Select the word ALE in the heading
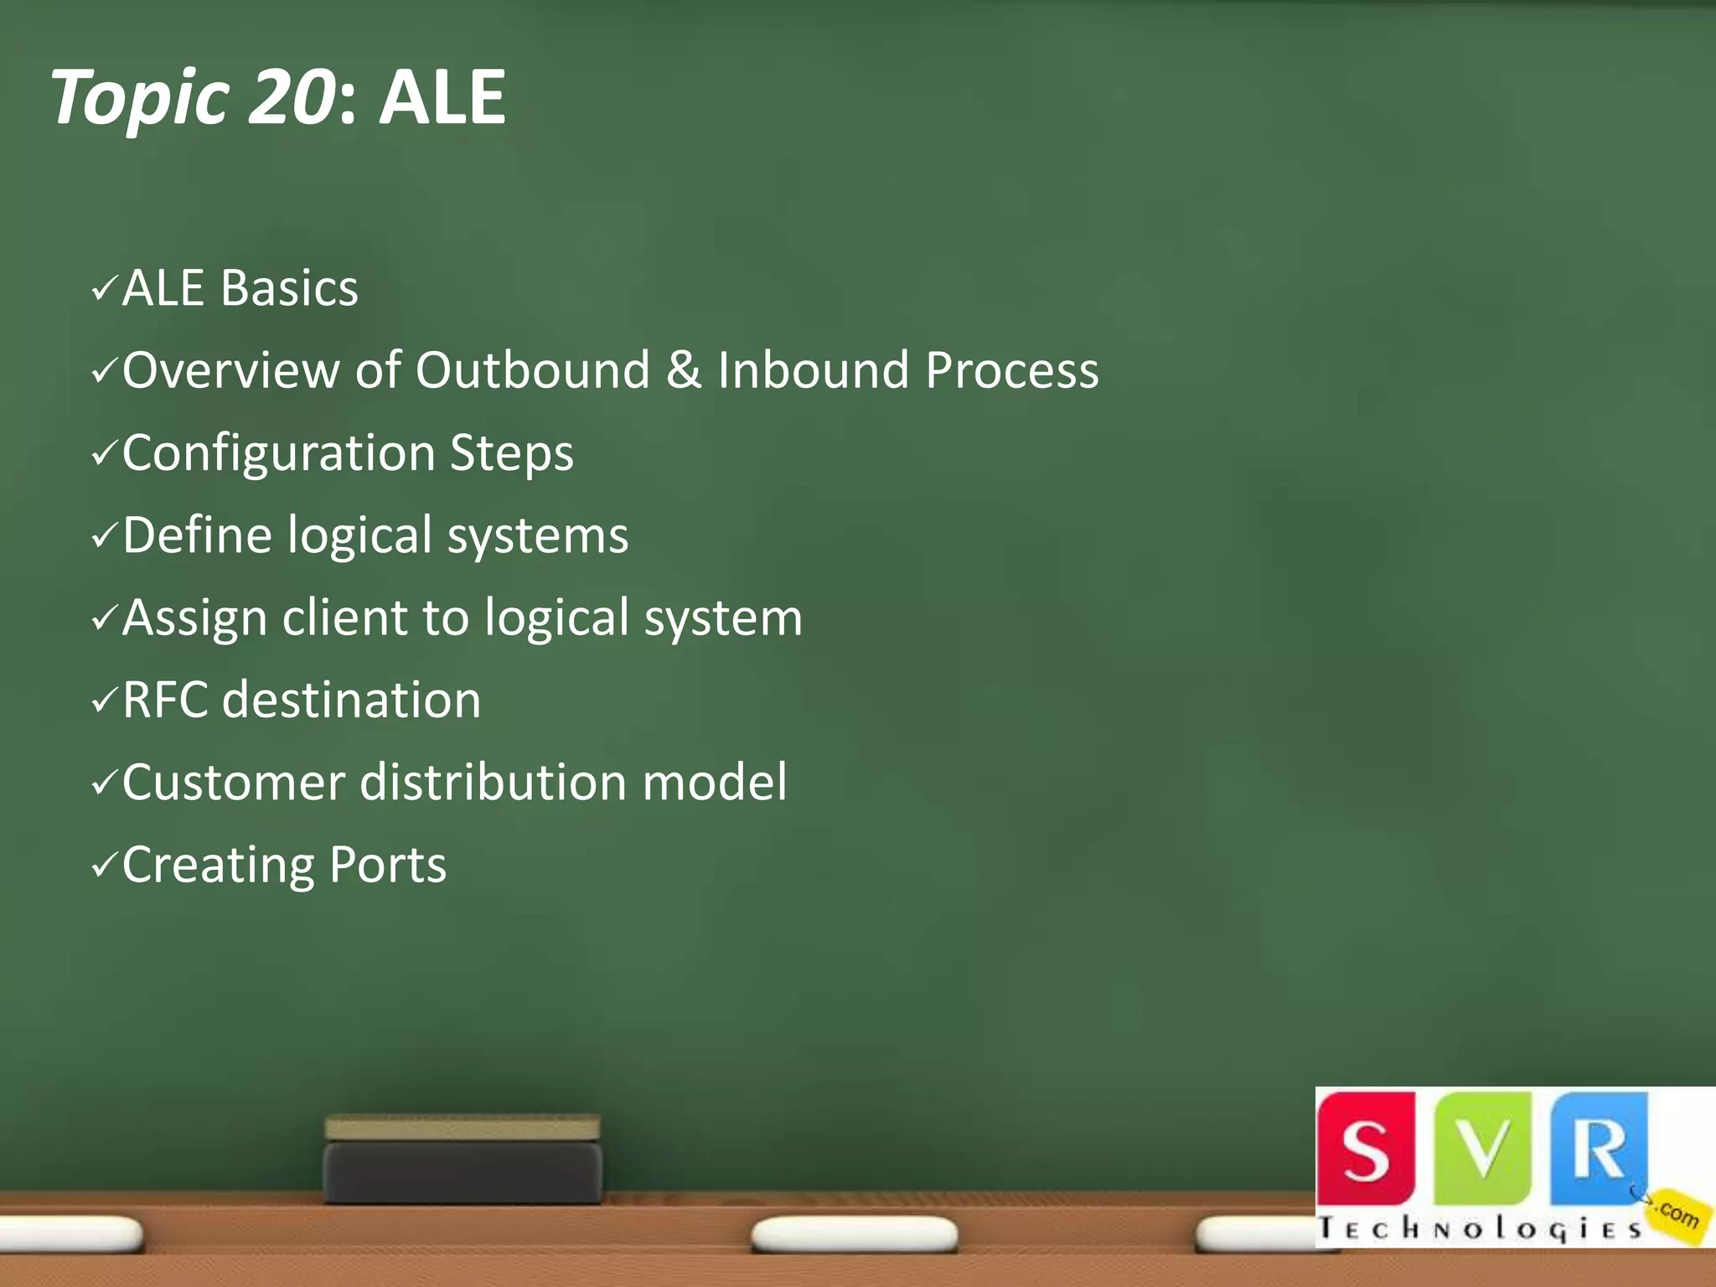(442, 97)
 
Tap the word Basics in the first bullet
(290, 288)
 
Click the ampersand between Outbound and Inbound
(684, 370)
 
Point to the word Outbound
(533, 370)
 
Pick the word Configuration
(279, 453)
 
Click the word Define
(197, 535)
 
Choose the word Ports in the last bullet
(388, 865)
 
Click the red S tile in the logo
(1366, 1148)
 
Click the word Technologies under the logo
(1480, 1228)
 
